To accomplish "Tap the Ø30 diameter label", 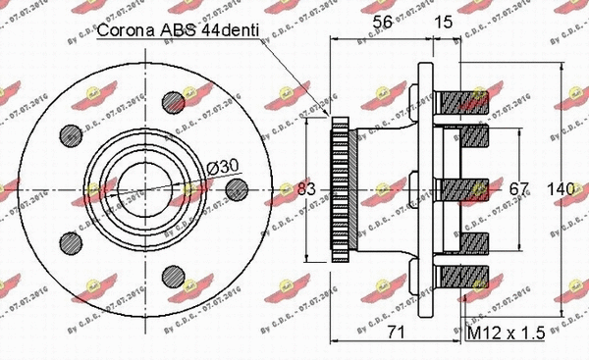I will (x=222, y=168).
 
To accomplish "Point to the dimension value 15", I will (x=443, y=21).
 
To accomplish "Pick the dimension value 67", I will (x=517, y=186).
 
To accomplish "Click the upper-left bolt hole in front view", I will (x=71, y=134).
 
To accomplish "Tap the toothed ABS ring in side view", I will (x=340, y=186).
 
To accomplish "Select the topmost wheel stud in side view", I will (x=466, y=99).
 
